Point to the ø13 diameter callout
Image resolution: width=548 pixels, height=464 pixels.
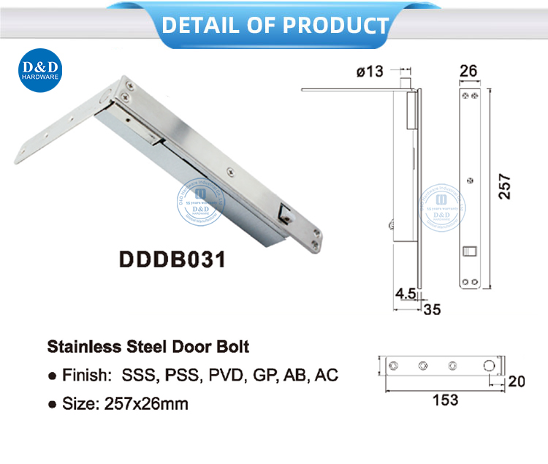click(370, 72)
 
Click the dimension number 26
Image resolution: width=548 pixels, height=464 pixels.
click(469, 72)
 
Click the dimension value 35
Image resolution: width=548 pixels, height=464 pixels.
click(433, 309)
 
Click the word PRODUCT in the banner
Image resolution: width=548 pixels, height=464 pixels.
click(335, 26)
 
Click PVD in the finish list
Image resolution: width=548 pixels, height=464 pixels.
click(227, 376)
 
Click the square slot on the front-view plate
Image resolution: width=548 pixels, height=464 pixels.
click(469, 254)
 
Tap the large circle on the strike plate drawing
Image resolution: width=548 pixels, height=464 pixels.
click(489, 366)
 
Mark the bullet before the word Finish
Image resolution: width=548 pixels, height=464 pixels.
click(52, 376)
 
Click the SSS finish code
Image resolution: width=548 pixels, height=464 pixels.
click(137, 376)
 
